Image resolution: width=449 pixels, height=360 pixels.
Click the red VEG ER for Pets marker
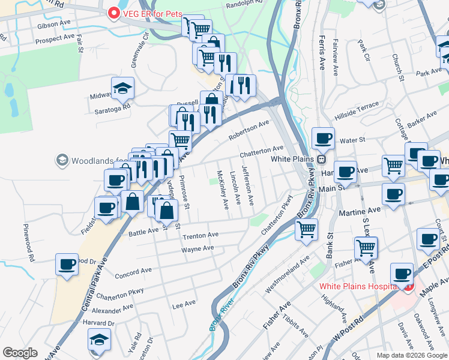tap(113, 13)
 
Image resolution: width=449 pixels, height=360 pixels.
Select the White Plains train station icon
tap(322, 159)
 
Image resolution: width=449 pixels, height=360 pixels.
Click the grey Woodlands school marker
tap(62, 160)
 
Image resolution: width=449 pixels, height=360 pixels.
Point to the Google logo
tap(20, 353)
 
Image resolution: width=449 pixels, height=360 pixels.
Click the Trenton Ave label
tap(200, 235)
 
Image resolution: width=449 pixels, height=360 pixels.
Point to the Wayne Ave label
tap(197, 248)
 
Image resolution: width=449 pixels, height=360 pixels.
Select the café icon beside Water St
tap(323, 138)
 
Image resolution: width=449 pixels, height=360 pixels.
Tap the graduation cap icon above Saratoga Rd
tap(122, 88)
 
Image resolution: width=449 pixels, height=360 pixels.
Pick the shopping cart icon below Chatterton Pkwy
tap(306, 229)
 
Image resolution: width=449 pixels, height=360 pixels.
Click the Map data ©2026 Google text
tap(412, 355)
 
